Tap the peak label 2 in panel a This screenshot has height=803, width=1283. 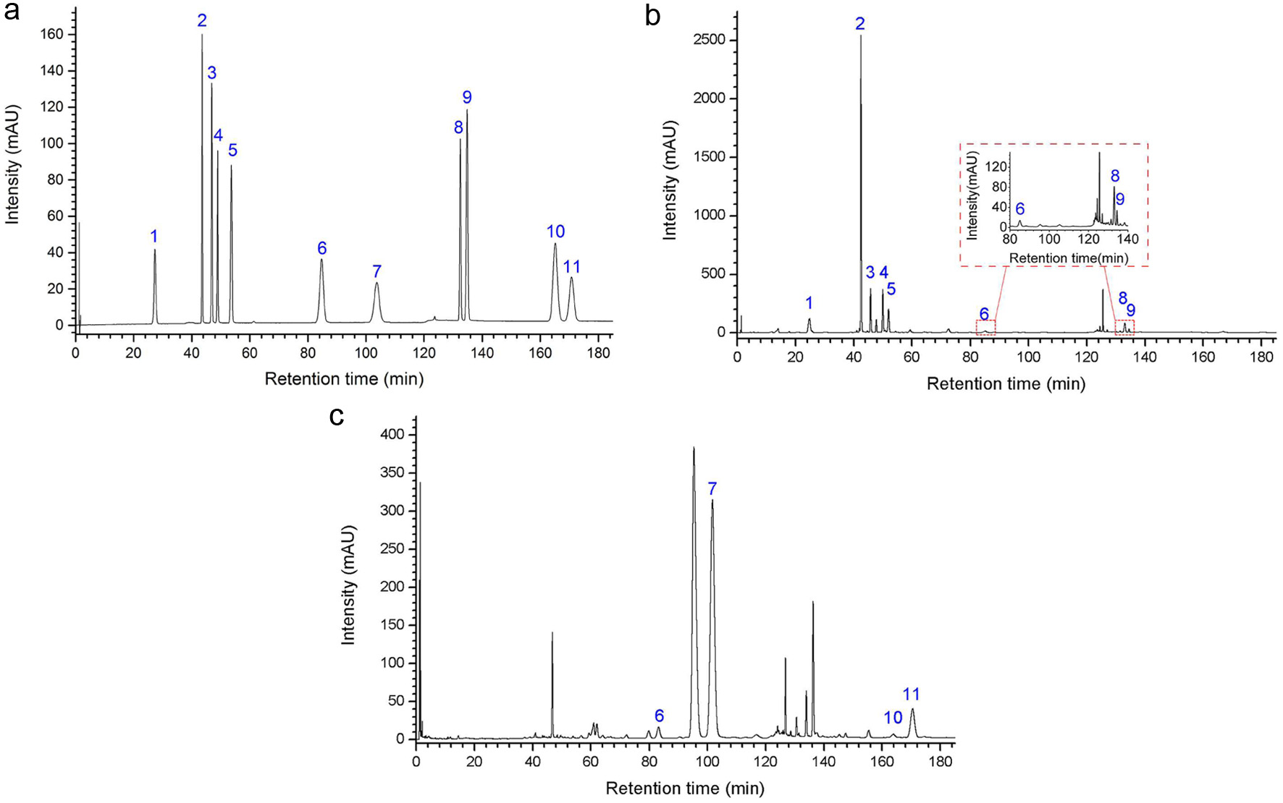pos(202,22)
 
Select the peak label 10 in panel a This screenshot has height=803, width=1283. pos(555,231)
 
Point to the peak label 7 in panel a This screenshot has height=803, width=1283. pos(377,271)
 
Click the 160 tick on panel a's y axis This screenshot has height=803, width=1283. pos(54,35)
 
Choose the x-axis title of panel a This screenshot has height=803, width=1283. pos(344,379)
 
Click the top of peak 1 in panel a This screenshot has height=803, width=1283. pos(154,250)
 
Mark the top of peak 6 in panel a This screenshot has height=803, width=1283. pos(321,260)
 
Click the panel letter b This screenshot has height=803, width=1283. pos(652,16)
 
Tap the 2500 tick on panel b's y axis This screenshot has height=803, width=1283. pos(709,40)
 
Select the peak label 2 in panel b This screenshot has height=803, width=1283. pos(859,24)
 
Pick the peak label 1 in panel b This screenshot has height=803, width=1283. pos(809,303)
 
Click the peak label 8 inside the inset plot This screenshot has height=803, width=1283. pos(1115,176)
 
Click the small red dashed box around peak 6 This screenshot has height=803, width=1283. pos(985,327)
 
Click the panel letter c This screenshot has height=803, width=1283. pos(336,417)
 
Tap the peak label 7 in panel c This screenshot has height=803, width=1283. pos(712,489)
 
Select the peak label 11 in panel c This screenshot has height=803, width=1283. pos(911,694)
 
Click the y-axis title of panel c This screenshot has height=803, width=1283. pos(349,586)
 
